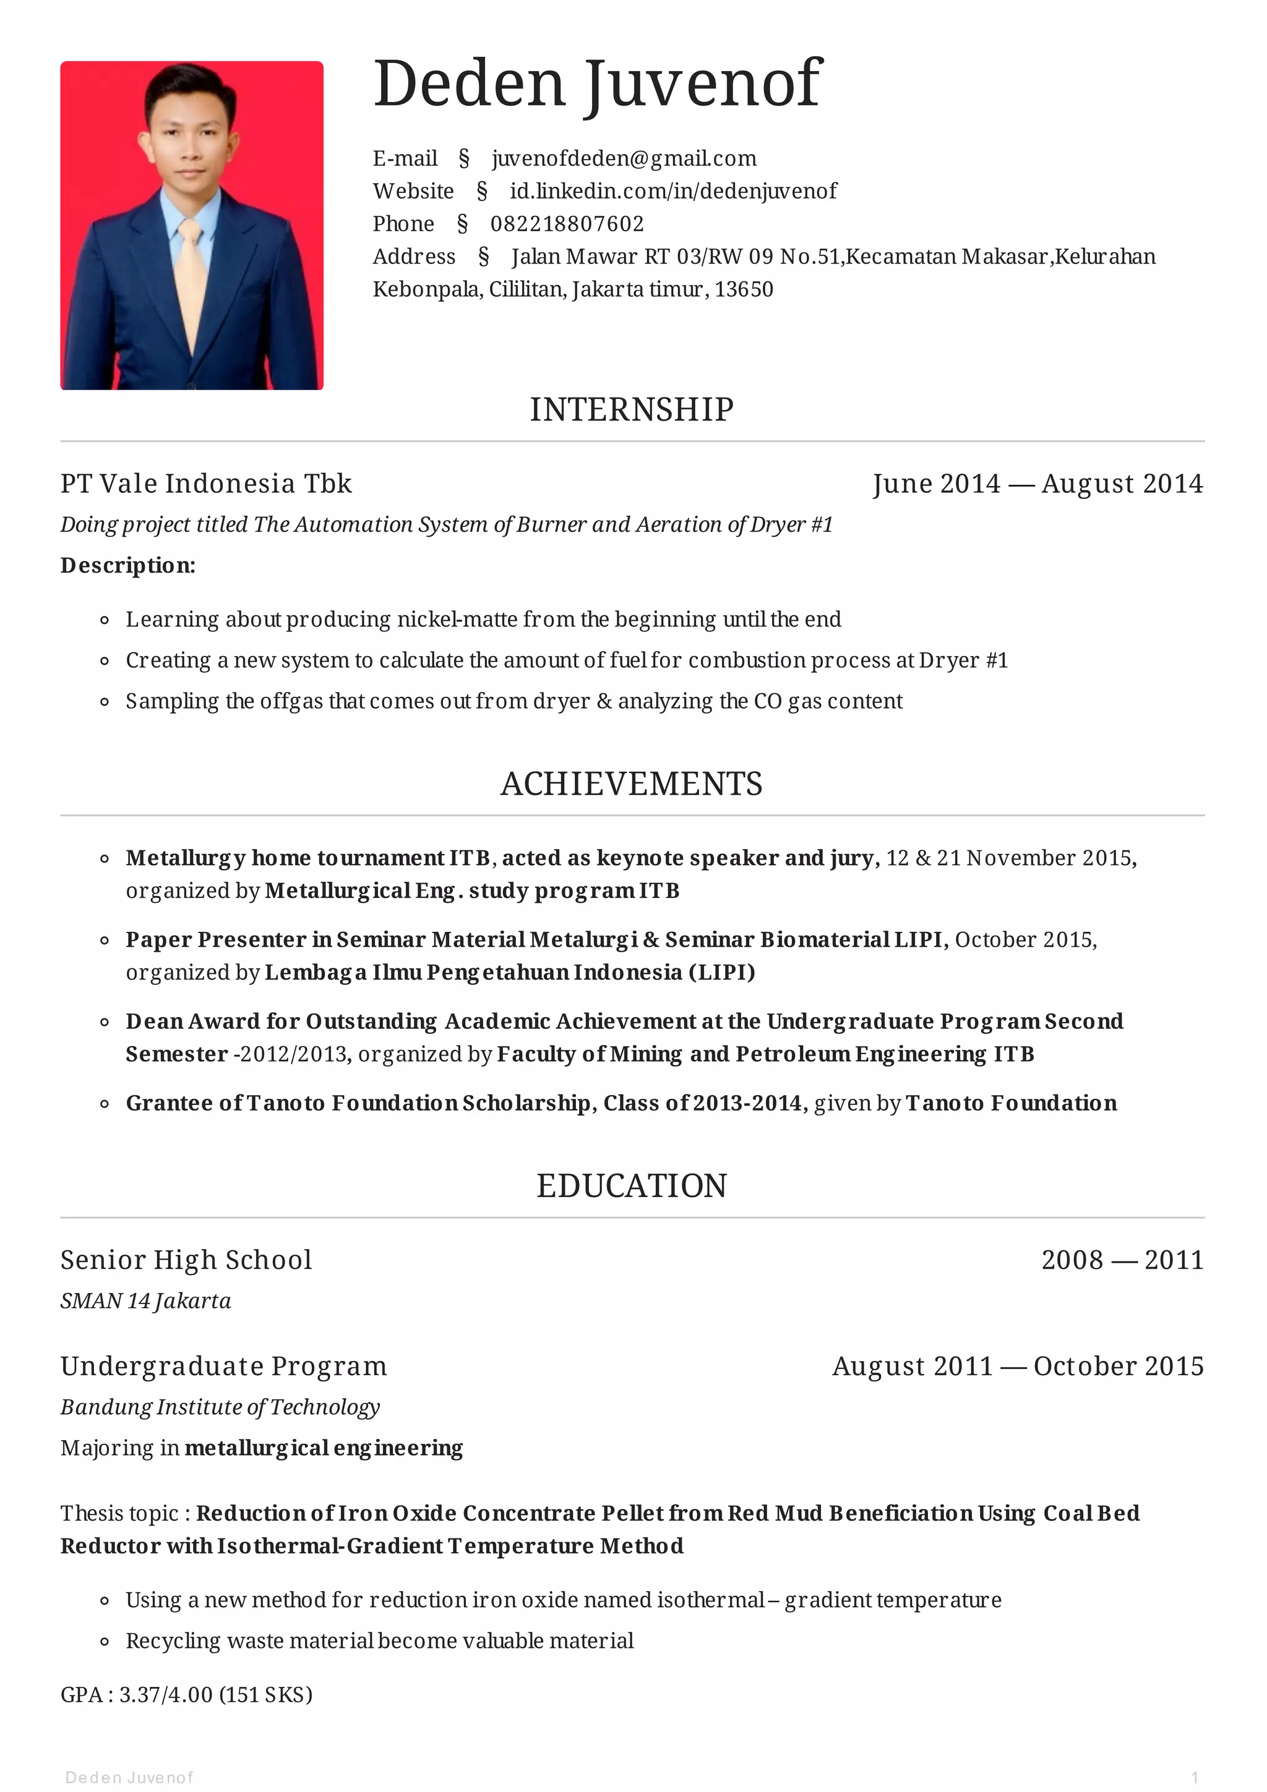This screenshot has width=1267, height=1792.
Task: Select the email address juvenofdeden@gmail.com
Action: click(624, 158)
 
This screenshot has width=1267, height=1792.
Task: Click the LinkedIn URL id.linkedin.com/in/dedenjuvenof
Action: click(673, 191)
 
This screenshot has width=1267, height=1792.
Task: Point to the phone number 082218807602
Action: click(567, 224)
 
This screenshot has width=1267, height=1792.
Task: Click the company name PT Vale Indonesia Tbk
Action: click(206, 484)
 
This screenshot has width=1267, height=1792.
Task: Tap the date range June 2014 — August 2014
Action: click(1037, 484)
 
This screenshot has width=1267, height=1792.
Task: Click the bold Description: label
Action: click(128, 565)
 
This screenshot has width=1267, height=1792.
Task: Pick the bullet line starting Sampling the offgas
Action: click(513, 701)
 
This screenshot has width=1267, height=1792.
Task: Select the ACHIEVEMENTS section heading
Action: click(632, 783)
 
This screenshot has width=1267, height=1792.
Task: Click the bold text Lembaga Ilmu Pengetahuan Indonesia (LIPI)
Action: click(510, 973)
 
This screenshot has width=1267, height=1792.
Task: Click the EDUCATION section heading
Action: click(632, 1185)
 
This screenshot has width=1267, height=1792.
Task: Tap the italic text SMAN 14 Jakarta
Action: click(146, 1301)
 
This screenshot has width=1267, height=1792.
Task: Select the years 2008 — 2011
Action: click(1122, 1260)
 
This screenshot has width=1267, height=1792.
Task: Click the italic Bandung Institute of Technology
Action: click(220, 1407)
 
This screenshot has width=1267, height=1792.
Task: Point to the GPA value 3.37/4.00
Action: click(166, 1694)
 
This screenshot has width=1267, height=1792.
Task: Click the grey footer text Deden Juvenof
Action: click(129, 1777)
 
